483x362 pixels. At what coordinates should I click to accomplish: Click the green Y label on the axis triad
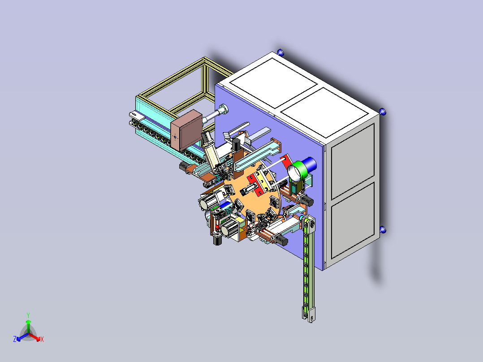pos(28,315)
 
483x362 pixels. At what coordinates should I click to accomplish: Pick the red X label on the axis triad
pos(42,340)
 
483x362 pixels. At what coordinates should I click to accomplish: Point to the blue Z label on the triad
pos(15,340)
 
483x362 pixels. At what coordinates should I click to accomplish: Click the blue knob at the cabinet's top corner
pos(280,52)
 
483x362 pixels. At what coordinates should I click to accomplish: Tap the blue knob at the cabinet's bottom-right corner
pos(383,230)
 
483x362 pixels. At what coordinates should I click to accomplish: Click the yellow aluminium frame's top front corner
pos(204,60)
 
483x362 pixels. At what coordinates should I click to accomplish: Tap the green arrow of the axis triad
pos(28,323)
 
